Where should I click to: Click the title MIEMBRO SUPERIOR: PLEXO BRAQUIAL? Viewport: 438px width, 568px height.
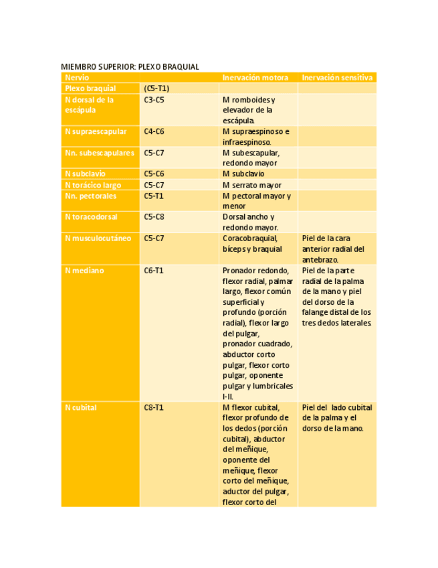[130, 66]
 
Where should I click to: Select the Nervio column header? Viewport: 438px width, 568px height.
[77, 78]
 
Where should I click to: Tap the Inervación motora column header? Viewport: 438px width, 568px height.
[255, 78]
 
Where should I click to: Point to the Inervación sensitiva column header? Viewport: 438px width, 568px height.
[337, 78]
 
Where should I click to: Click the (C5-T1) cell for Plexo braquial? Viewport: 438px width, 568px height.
[156, 88]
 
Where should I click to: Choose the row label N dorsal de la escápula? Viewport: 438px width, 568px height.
[90, 104]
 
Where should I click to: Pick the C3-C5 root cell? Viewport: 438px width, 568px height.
[154, 100]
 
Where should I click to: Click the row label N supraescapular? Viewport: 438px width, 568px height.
[96, 131]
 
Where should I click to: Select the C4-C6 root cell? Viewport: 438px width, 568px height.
[154, 131]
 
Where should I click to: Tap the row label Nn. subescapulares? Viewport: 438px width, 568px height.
[100, 153]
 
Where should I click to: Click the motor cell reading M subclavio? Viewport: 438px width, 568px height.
[243, 174]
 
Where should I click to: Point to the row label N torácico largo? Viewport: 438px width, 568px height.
[93, 185]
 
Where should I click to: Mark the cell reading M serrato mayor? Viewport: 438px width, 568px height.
[251, 185]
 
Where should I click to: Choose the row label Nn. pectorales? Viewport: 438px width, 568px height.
[91, 196]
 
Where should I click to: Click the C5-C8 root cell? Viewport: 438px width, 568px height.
[154, 217]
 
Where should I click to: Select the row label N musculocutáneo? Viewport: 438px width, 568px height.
[98, 238]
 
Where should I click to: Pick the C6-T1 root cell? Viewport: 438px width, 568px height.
[154, 271]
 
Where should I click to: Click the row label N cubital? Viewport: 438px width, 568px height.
[81, 407]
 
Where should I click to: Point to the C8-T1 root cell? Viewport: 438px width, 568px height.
[154, 407]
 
